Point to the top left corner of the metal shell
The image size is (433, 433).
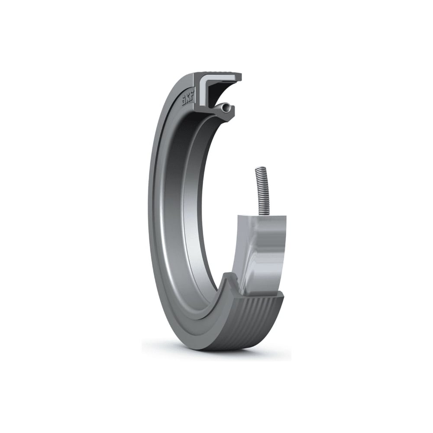pos(239,215)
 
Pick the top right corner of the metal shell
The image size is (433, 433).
pos(285,215)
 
